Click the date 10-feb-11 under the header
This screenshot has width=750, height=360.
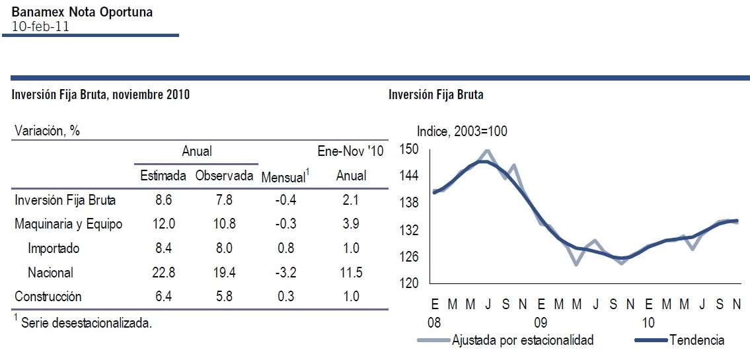(x=40, y=26)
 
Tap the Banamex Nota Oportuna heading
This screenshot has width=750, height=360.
(x=82, y=13)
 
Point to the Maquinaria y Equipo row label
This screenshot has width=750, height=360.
(x=69, y=224)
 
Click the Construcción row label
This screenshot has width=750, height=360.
(x=48, y=297)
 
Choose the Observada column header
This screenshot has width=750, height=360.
(x=225, y=176)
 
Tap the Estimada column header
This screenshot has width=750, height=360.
(x=163, y=176)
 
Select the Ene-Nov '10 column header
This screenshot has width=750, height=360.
(x=350, y=151)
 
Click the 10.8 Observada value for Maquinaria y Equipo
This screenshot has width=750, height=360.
(x=224, y=224)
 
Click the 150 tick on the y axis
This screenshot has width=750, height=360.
(x=410, y=149)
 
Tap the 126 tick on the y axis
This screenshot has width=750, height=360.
(x=410, y=256)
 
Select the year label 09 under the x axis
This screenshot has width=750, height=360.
(x=542, y=323)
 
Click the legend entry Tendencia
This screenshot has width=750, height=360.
(x=696, y=341)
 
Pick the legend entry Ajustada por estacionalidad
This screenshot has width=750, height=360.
(x=523, y=341)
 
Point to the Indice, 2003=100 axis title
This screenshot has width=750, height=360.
(x=462, y=131)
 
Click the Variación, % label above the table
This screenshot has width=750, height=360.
(x=47, y=131)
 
